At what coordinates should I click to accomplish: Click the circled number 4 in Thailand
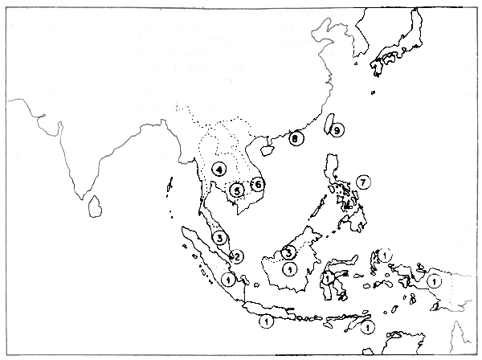coord(219,170)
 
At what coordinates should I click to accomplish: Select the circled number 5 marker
coord(236,190)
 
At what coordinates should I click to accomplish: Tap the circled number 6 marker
coord(257,184)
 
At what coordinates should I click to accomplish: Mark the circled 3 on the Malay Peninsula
coord(220,237)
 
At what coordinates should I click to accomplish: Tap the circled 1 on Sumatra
coord(229,280)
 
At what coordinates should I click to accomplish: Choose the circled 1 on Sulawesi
coord(329,279)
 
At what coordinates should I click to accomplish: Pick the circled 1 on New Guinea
coord(434,281)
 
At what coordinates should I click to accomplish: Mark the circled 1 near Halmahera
coord(385,256)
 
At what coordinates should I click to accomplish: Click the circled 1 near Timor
coord(366,328)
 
